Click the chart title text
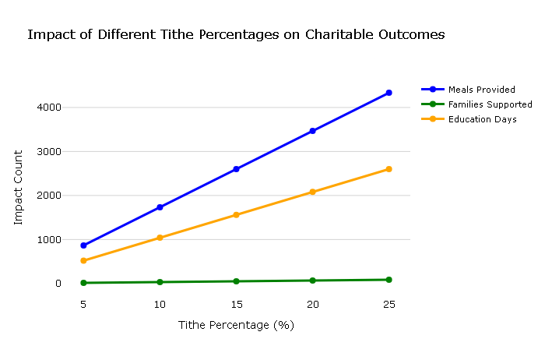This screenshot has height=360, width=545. tap(236, 35)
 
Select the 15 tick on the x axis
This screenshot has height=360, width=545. tap(236, 304)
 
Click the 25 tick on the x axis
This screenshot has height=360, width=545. tap(389, 304)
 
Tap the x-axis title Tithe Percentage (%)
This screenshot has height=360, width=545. tap(236, 325)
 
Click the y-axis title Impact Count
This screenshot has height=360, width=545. tap(19, 188)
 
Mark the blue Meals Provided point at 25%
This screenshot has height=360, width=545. tap(389, 93)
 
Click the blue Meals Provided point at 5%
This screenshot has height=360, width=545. tap(83, 245)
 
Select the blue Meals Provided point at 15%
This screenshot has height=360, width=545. tap(236, 169)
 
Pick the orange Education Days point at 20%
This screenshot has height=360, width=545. tap(312, 192)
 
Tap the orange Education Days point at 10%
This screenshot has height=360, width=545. tap(160, 238)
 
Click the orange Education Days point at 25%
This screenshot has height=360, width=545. tap(389, 169)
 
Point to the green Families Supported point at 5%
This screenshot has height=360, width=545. tap(83, 283)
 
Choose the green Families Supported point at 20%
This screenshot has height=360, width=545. tap(312, 281)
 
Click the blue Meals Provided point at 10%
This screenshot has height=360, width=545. tap(160, 207)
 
